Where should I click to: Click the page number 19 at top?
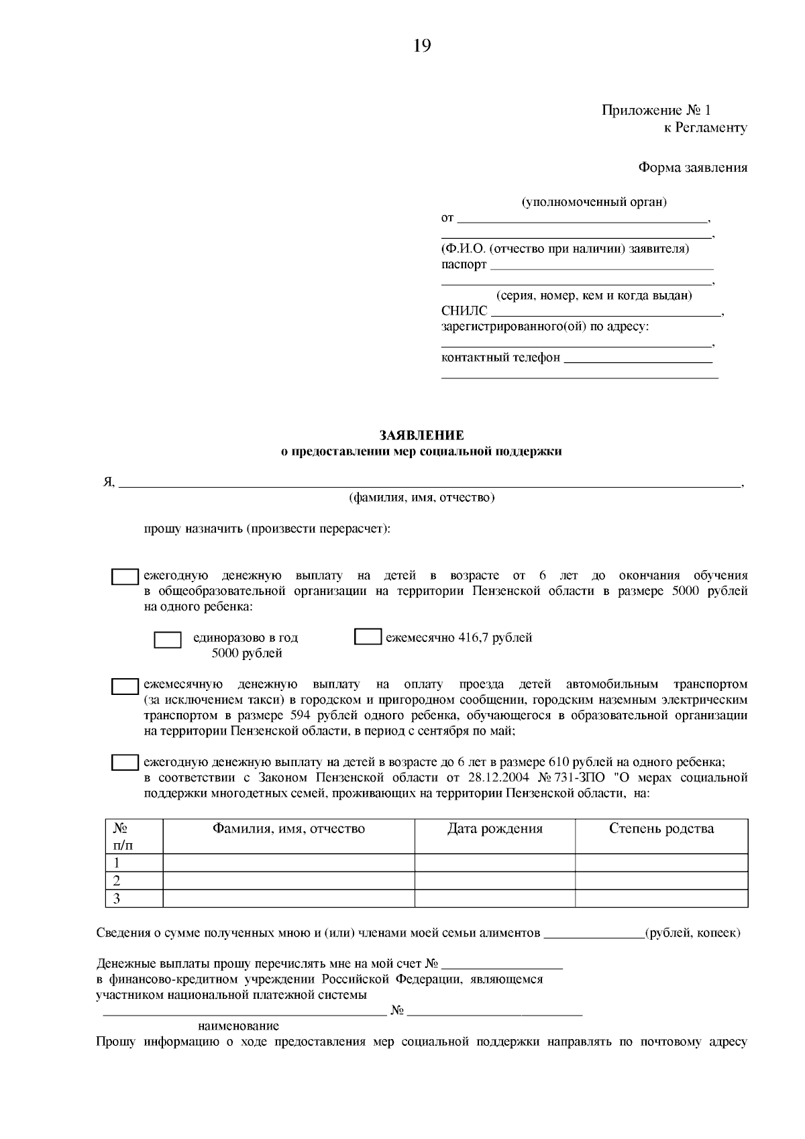coord(422,46)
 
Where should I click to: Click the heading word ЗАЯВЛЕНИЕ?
coord(421,436)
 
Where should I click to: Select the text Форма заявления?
coord(692,168)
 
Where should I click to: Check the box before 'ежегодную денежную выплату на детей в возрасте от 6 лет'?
coord(125,577)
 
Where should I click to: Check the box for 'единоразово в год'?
coord(168,639)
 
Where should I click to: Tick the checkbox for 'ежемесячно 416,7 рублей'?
coord(367,637)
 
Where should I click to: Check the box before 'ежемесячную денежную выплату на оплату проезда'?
coord(125,686)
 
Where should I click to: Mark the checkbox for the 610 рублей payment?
coord(125,763)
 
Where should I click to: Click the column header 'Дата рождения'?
coord(494,828)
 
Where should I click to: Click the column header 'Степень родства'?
coord(661,828)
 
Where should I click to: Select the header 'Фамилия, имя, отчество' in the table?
coord(288,828)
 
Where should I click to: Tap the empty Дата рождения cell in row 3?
coord(494,898)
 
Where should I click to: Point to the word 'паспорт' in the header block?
coord(464,264)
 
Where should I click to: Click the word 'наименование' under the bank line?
coord(239,1026)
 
